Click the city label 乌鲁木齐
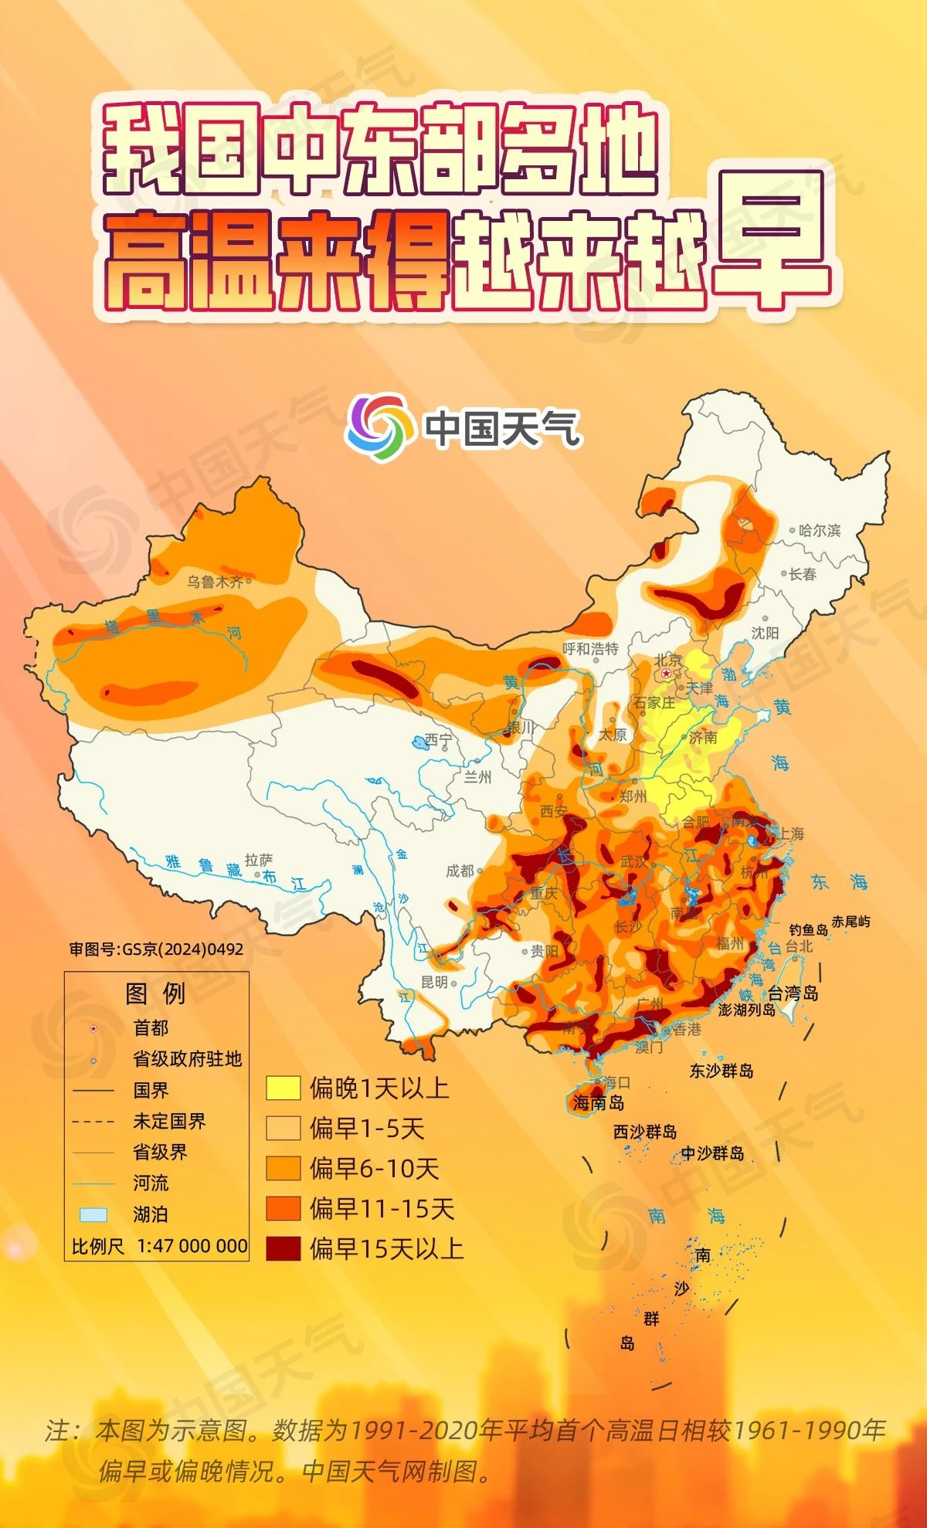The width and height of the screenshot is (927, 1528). click(214, 581)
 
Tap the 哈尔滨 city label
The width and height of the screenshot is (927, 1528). click(820, 530)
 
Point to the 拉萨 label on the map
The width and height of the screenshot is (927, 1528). click(258, 859)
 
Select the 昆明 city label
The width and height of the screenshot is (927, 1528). click(434, 982)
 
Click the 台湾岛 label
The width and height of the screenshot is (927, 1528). click(793, 993)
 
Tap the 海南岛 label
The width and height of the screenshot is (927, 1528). click(599, 1102)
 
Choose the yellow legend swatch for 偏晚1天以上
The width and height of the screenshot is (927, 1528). click(283, 1088)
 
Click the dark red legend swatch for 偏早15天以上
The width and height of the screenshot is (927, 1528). click(283, 1248)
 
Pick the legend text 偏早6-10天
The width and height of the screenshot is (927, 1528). click(375, 1168)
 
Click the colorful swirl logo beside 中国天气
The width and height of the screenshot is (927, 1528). click(378, 426)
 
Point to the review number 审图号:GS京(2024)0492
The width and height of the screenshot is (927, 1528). click(156, 949)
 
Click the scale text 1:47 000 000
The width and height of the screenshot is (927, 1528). click(192, 1245)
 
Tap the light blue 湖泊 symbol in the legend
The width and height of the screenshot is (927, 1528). click(93, 1214)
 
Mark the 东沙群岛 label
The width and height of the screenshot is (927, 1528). click(721, 1071)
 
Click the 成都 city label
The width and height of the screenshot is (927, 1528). click(460, 871)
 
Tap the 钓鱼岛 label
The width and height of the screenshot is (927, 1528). click(808, 930)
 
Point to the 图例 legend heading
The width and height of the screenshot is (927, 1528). click(155, 993)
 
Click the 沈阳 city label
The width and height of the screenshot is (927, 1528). click(765, 633)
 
